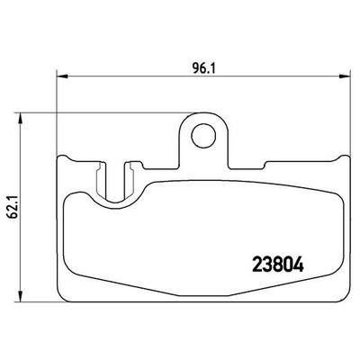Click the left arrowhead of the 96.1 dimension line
pos(59,76)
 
